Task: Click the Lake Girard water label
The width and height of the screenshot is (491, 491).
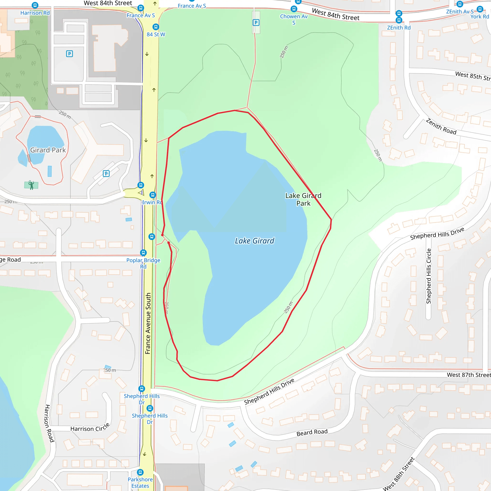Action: (254, 241)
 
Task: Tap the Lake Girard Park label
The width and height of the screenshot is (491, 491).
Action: (303, 199)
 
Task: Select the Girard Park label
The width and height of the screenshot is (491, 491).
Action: (48, 150)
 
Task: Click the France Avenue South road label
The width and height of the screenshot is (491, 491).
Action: (148, 323)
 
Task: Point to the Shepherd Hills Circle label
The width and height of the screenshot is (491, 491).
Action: (429, 276)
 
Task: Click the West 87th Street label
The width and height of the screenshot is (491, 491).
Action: (469, 375)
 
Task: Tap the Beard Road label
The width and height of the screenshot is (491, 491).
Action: (312, 432)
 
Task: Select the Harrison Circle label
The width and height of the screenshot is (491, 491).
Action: (90, 428)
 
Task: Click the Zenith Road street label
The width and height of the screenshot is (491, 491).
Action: (441, 126)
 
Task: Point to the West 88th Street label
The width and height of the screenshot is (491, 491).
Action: (398, 474)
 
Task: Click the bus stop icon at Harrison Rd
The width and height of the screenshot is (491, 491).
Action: (35, 5)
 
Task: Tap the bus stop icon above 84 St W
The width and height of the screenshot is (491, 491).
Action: (156, 27)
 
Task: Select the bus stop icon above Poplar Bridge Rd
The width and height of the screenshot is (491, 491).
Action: (143, 253)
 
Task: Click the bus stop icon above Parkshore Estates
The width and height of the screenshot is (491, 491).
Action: (140, 472)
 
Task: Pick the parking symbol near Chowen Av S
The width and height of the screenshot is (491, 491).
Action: (256, 23)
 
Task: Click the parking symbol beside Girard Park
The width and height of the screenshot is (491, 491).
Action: (106, 174)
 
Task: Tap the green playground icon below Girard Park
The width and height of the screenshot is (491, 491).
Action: (31, 185)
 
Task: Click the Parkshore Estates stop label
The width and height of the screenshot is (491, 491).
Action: (140, 483)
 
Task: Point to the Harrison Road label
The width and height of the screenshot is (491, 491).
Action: (49, 423)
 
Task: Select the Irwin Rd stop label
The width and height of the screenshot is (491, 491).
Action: (152, 202)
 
